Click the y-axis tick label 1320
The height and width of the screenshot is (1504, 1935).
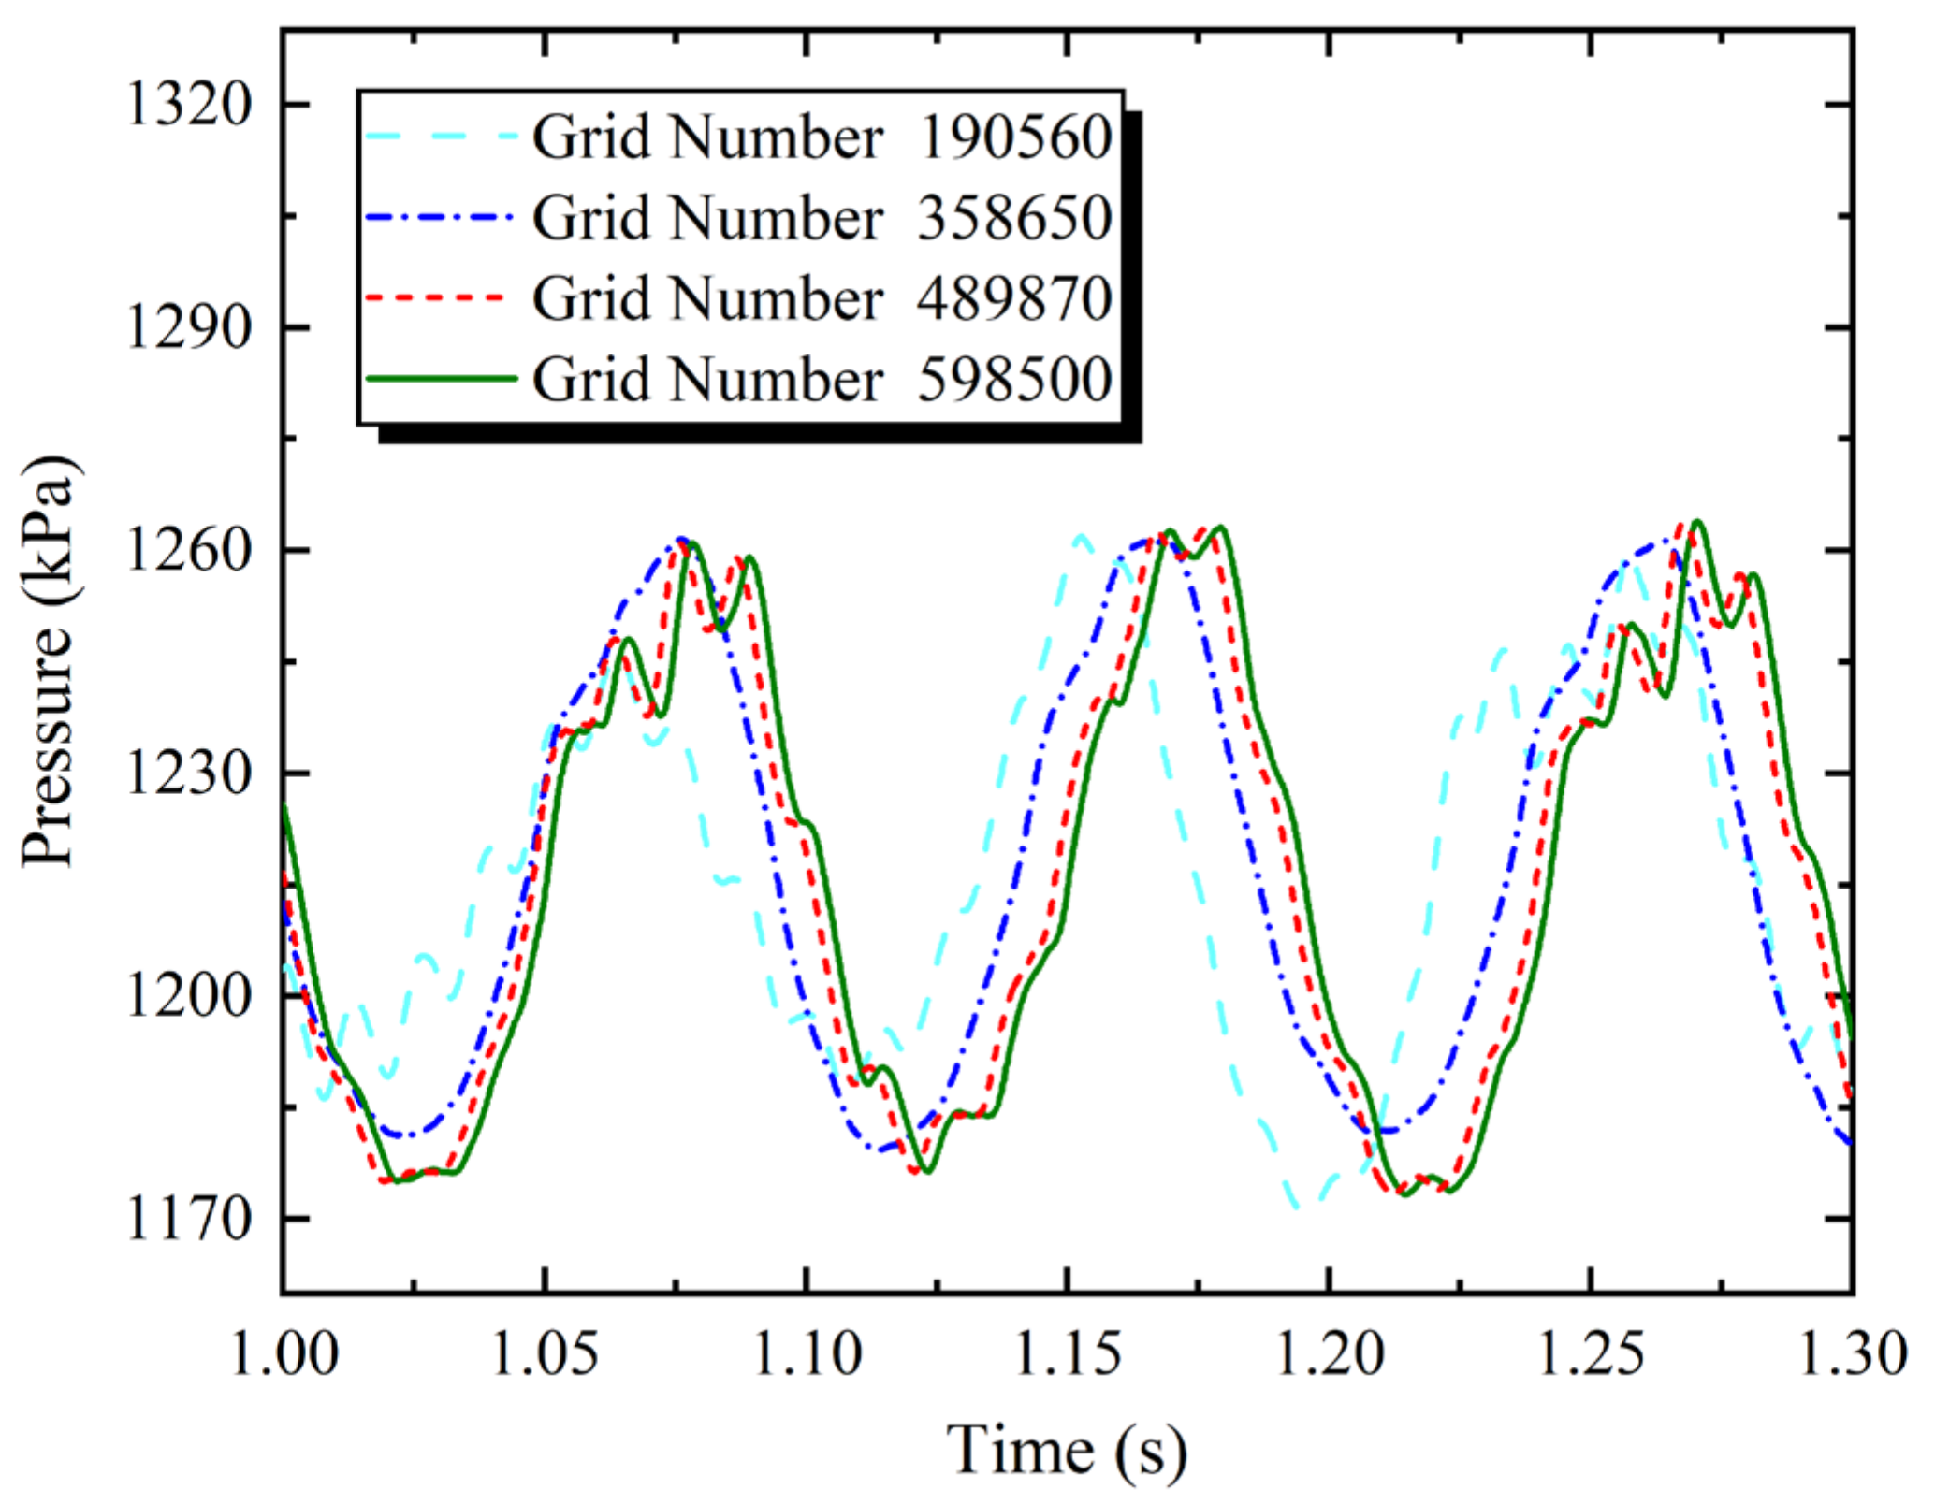pyautogui.click(x=188, y=104)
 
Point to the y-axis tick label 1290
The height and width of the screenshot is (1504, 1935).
pyautogui.click(x=188, y=327)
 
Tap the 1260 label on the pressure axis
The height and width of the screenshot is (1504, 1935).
pyautogui.click(x=188, y=550)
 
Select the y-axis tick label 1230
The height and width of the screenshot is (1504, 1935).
pyautogui.click(x=188, y=774)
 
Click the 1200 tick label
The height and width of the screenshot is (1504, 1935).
pyautogui.click(x=188, y=996)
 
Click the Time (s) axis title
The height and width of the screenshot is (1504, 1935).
pyautogui.click(x=1067, y=1451)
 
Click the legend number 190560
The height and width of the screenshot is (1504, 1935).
pyautogui.click(x=1014, y=137)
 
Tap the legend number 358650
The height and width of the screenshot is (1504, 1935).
pyautogui.click(x=1014, y=218)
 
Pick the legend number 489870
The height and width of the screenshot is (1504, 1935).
pyautogui.click(x=1014, y=299)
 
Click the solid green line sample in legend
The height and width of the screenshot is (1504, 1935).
pyautogui.click(x=441, y=379)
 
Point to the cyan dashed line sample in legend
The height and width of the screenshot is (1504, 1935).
pyautogui.click(x=441, y=137)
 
